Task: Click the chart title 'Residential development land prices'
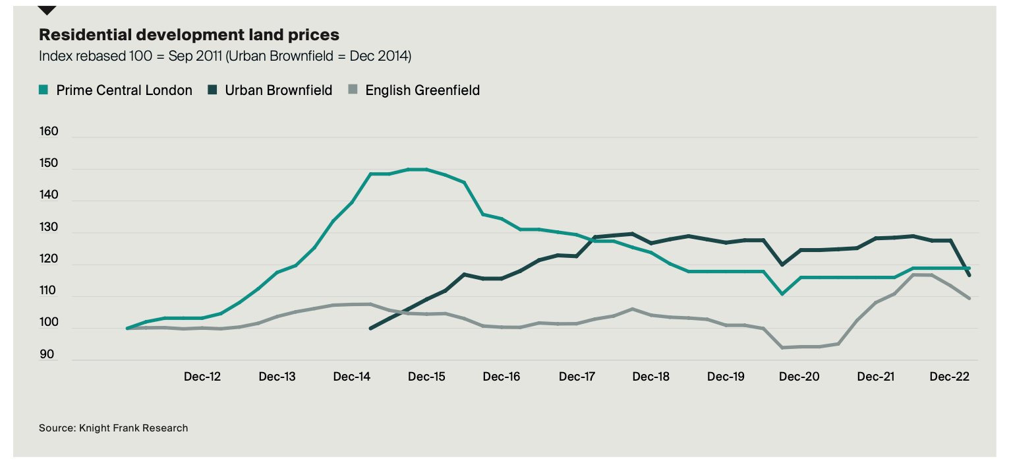(189, 34)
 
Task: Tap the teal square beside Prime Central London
(44, 90)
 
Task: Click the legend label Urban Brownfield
(278, 90)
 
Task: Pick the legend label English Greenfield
(422, 90)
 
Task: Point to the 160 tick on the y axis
(49, 131)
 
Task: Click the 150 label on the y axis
(49, 164)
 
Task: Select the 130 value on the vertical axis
(49, 228)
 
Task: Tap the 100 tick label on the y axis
(49, 323)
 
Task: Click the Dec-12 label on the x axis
(202, 377)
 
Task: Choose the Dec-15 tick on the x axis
(426, 377)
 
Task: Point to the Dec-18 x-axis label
(650, 377)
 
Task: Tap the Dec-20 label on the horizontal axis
(799, 377)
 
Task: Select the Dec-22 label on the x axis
(949, 377)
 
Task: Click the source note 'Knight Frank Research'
(113, 428)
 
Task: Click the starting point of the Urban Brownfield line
(370, 328)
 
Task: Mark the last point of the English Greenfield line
(969, 299)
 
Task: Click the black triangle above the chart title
(47, 10)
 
